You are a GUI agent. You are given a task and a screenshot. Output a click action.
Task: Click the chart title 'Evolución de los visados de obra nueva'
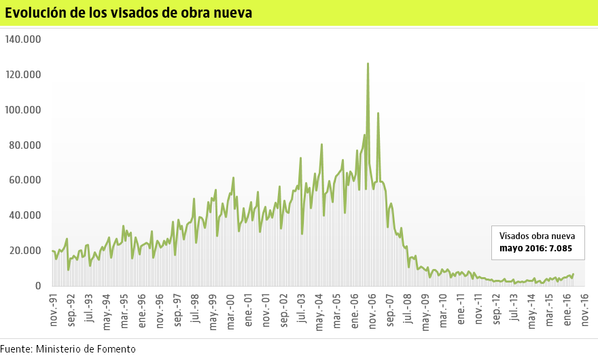tap(128, 13)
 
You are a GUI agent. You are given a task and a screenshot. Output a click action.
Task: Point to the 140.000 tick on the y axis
tap(23, 39)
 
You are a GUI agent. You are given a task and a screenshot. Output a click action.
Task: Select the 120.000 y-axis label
tap(23, 75)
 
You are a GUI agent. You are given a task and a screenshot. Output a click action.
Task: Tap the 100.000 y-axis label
tap(23, 110)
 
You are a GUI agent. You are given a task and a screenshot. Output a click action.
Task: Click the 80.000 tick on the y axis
tap(26, 145)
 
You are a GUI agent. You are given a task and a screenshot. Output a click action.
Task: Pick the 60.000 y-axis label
tap(26, 181)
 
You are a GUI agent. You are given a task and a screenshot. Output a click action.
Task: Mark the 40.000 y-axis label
tap(26, 215)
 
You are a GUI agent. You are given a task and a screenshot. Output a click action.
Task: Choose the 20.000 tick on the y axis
tap(26, 251)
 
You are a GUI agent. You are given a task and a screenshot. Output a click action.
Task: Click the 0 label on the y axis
tap(38, 286)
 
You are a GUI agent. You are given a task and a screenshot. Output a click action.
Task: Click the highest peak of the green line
tap(368, 63)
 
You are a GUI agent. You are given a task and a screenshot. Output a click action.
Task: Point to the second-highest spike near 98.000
tap(378, 113)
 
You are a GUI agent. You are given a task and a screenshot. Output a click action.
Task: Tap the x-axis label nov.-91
tap(53, 310)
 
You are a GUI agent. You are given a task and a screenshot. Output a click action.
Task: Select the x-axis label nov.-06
tap(372, 310)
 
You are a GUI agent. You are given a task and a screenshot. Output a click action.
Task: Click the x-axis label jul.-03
tap(302, 309)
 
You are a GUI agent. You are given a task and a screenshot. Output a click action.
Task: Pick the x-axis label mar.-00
tap(230, 310)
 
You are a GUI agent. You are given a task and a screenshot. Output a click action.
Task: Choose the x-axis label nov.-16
tap(584, 310)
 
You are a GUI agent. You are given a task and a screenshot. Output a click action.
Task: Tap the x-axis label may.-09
tap(425, 311)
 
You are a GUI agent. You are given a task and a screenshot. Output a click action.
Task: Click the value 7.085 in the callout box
tap(560, 249)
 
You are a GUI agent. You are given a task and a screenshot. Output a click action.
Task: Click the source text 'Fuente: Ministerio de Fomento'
tap(68, 349)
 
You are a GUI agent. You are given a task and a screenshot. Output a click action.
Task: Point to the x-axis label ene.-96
tap(142, 310)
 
